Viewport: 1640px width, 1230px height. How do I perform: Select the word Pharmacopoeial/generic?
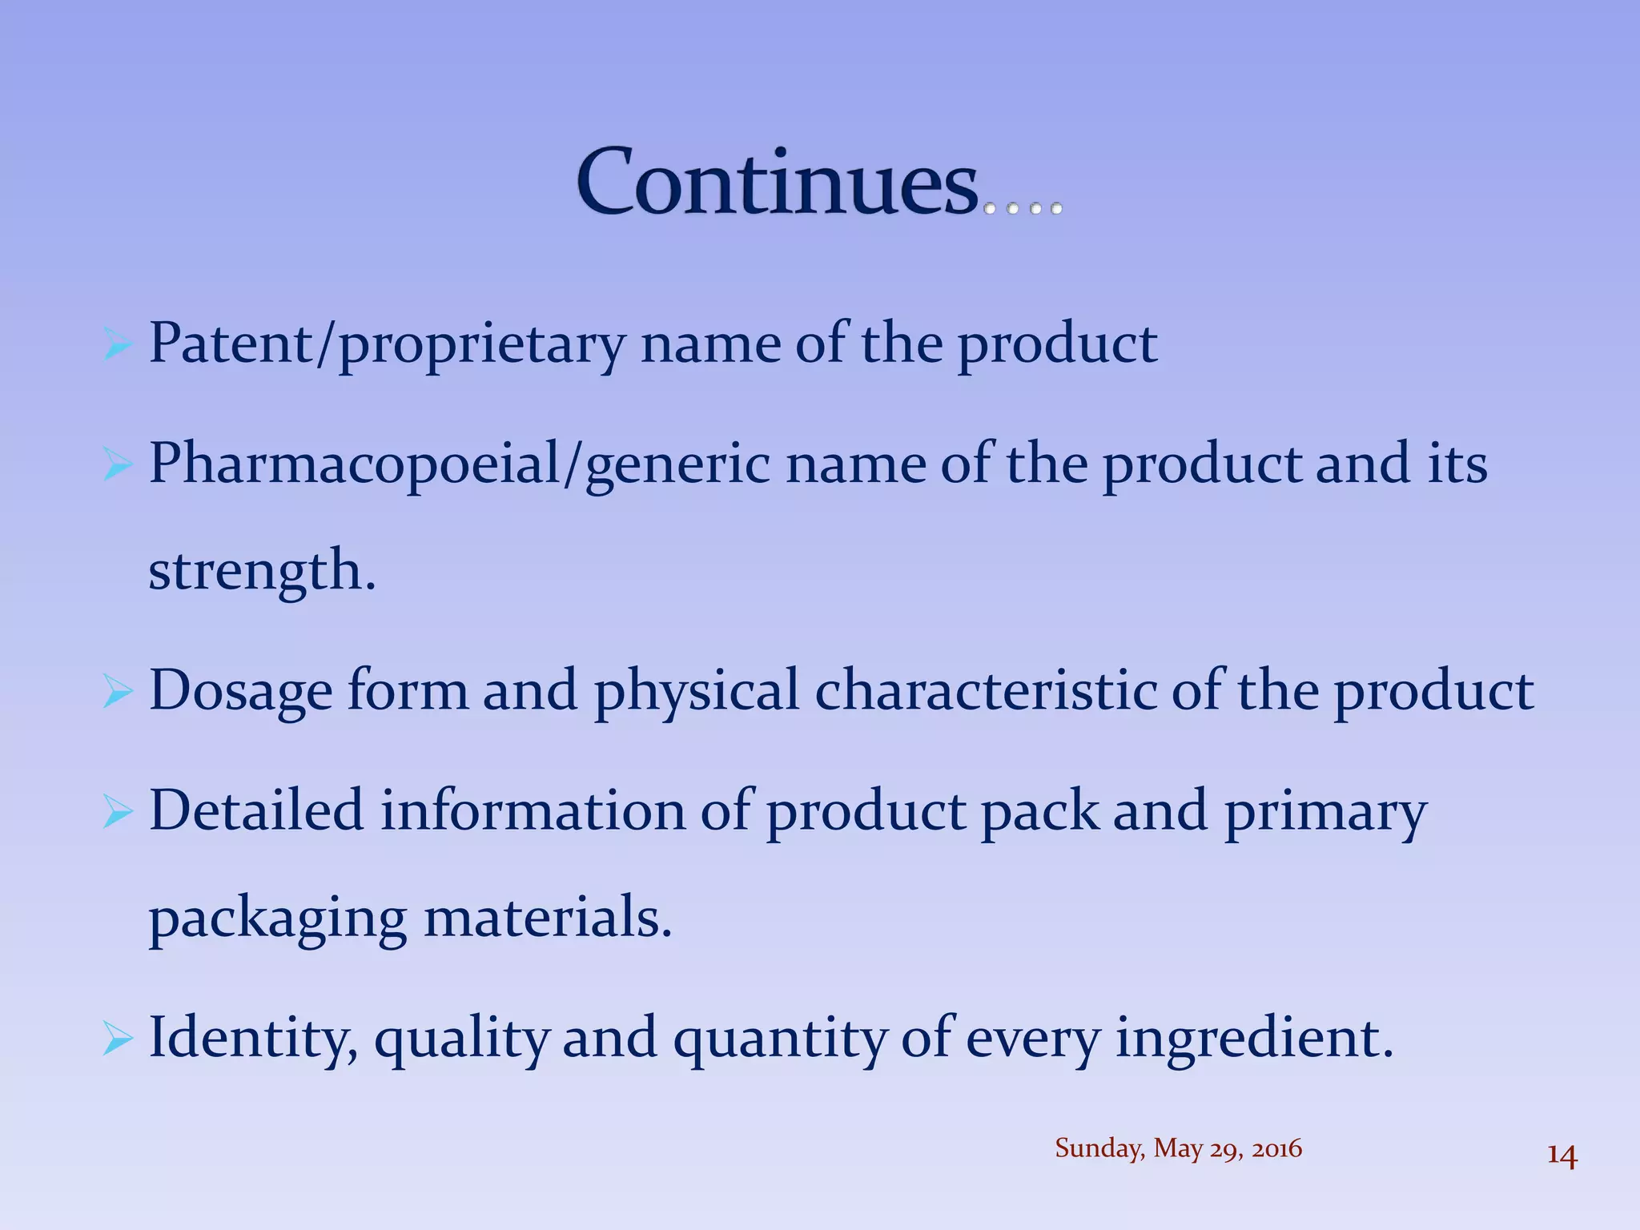coord(459,465)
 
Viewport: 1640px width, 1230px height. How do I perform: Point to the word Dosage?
coord(240,691)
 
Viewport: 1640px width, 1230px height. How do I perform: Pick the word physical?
coord(696,691)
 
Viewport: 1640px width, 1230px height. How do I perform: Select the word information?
coord(533,810)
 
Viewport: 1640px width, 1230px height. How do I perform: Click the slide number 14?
coord(1562,1156)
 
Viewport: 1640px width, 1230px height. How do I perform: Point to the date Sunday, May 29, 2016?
coord(1178,1148)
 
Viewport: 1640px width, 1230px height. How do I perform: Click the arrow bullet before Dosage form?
coord(117,691)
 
